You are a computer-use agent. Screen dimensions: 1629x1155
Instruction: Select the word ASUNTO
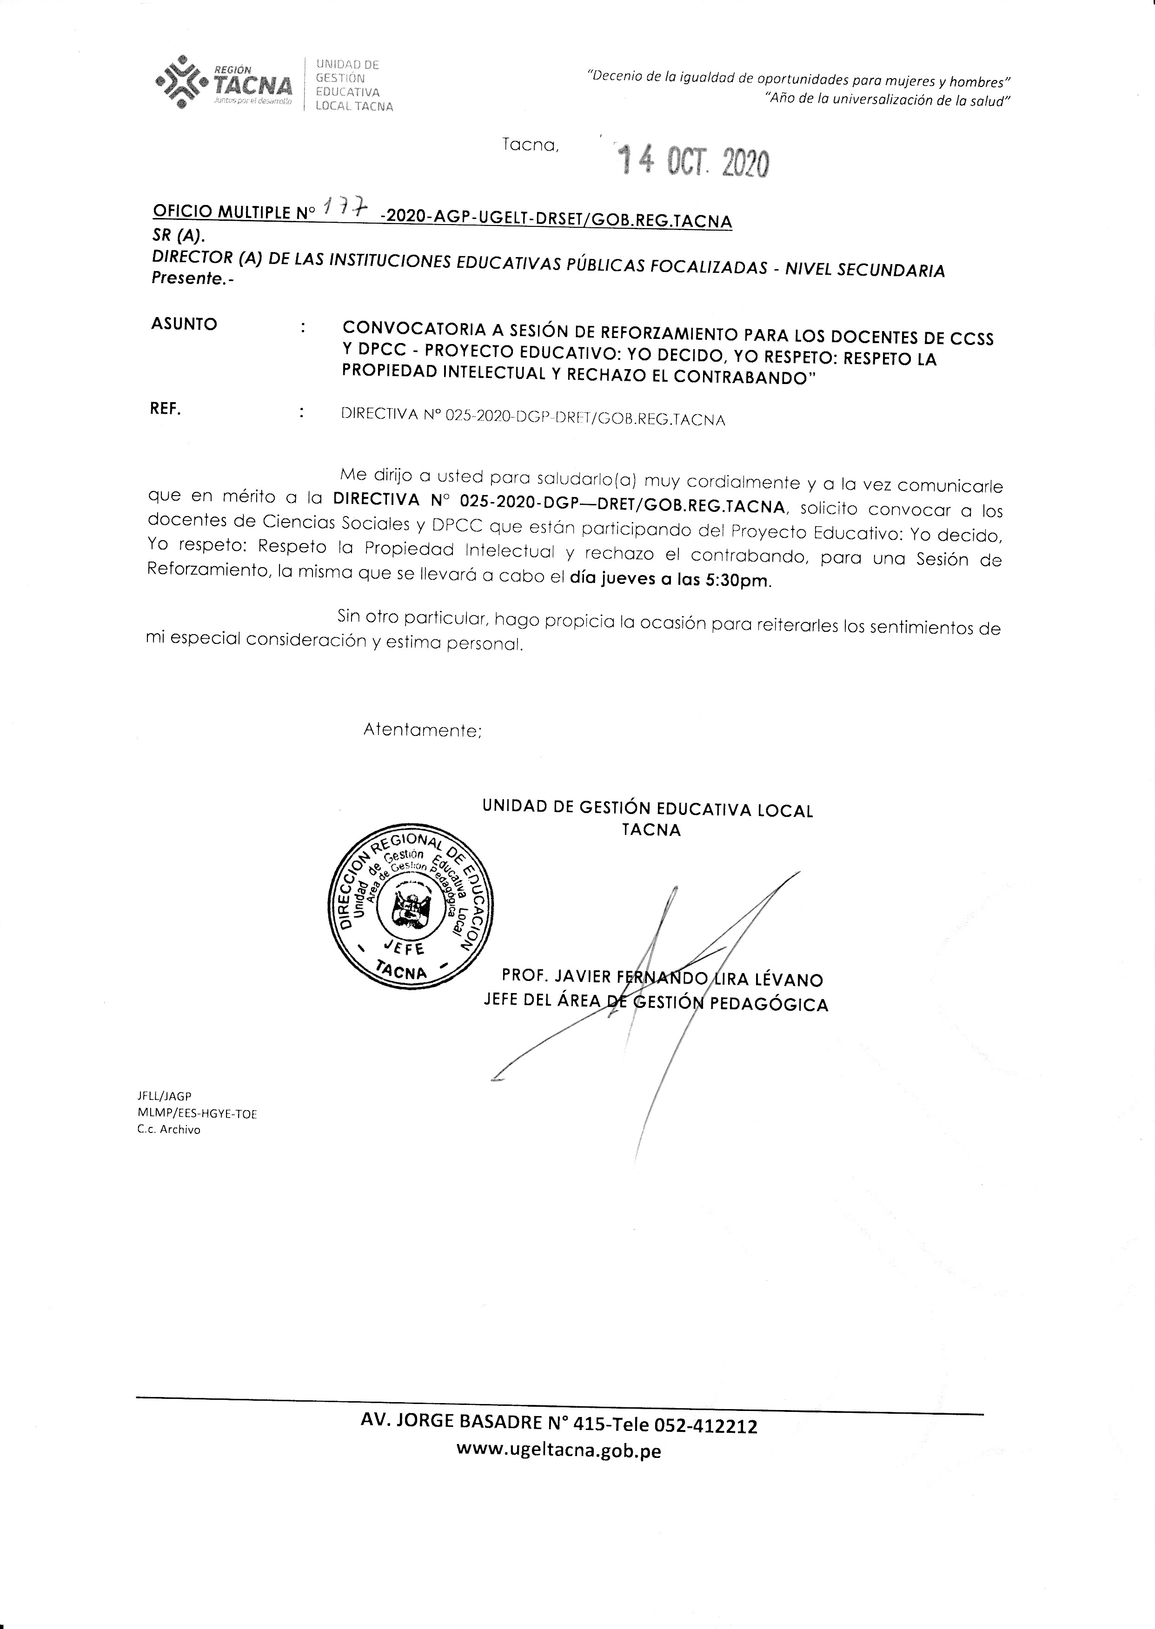click(184, 324)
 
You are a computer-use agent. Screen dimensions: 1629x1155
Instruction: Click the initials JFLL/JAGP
click(165, 1096)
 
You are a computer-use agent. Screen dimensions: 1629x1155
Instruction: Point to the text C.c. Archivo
click(169, 1129)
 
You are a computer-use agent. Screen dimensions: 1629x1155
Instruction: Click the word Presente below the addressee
click(188, 279)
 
